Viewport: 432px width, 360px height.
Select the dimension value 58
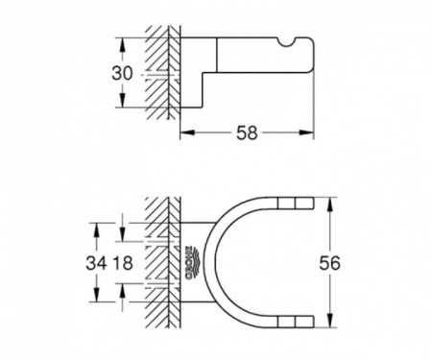247,133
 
